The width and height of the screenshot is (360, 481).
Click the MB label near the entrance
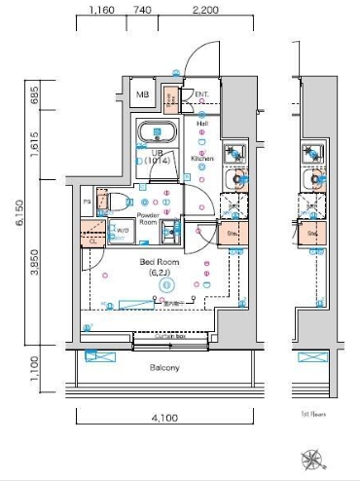tap(142, 95)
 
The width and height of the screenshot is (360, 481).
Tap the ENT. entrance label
tap(202, 94)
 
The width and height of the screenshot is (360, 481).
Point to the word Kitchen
tap(202, 157)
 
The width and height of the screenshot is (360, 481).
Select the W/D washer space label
tap(124, 231)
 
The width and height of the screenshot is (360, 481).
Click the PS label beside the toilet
tap(88, 202)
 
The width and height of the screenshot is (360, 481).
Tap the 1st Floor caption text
tap(314, 414)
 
